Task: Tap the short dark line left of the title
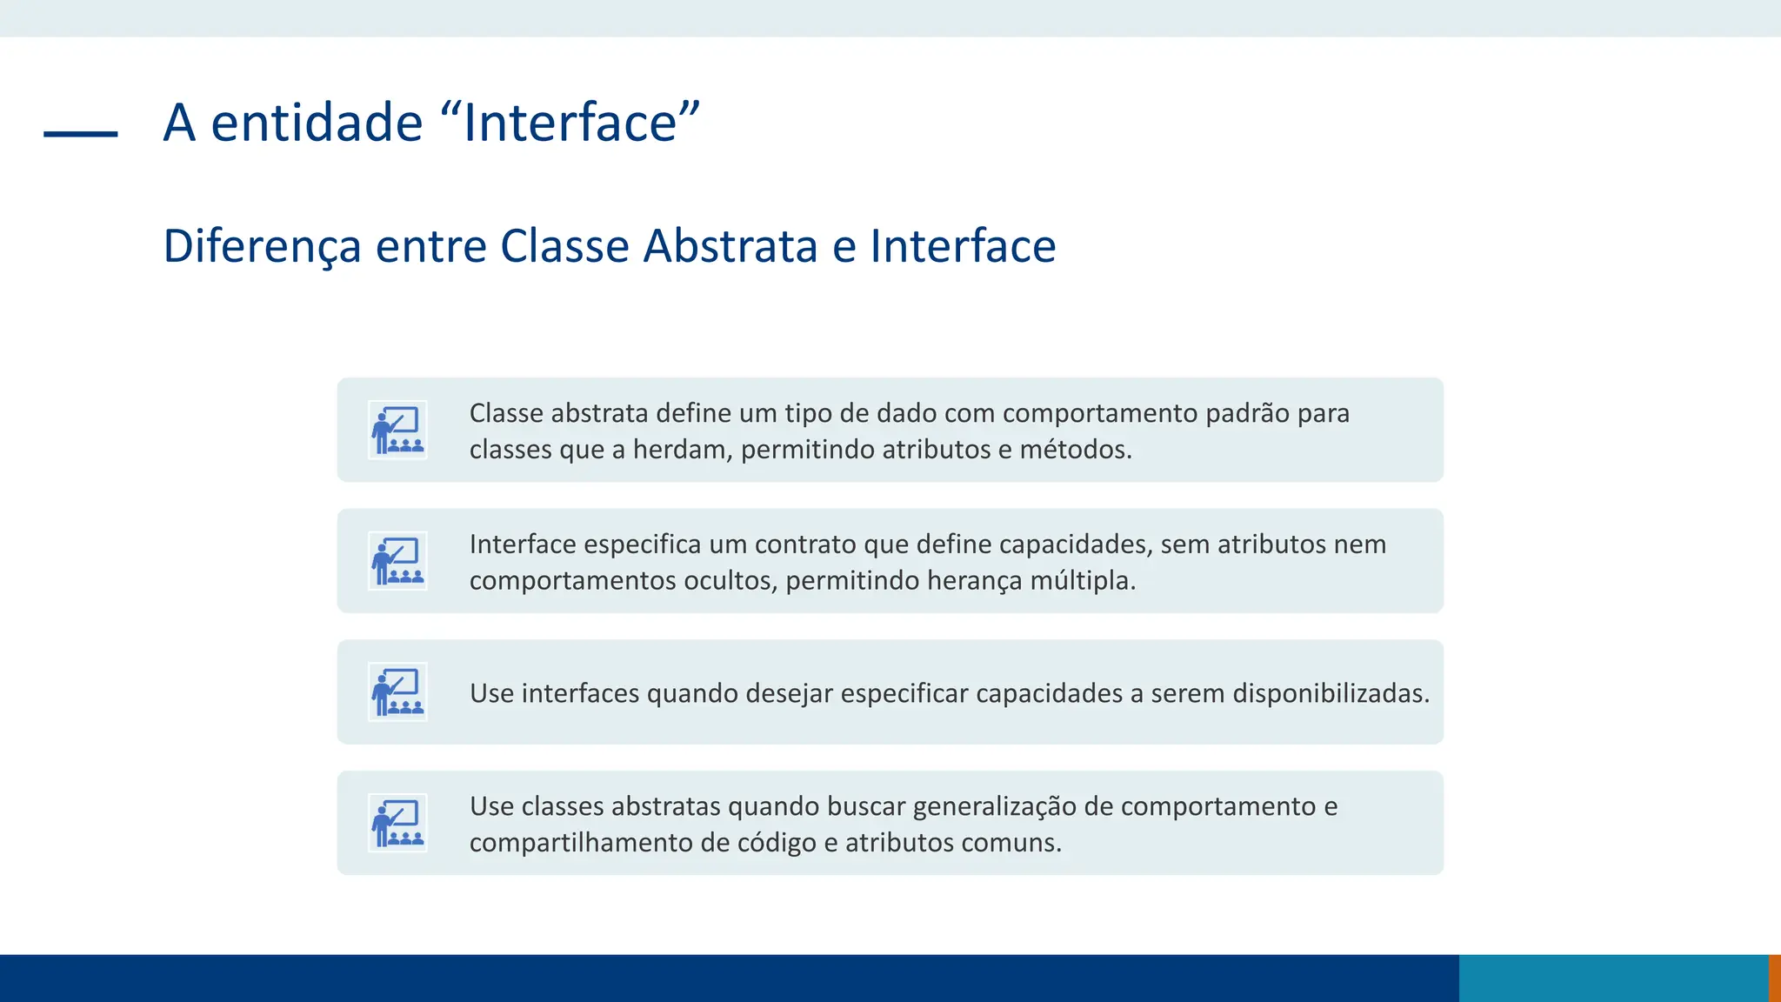coord(80,134)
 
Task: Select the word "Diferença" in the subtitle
coord(262,246)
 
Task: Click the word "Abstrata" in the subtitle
coord(730,246)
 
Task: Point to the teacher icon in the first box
coord(397,430)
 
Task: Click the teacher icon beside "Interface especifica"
coord(397,561)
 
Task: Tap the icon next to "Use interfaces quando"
coord(397,692)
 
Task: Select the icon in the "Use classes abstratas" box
coord(397,823)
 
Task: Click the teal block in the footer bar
coord(1613,978)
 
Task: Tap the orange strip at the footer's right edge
coord(1775,978)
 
